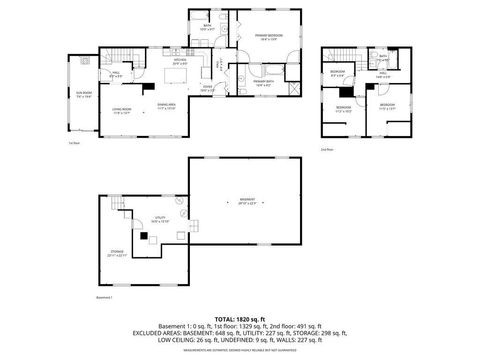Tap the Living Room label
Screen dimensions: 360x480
122,110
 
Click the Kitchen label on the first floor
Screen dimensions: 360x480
181,62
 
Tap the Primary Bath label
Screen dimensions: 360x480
265,84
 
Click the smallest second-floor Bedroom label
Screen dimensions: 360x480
339,74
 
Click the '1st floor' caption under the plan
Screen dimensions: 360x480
74,145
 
